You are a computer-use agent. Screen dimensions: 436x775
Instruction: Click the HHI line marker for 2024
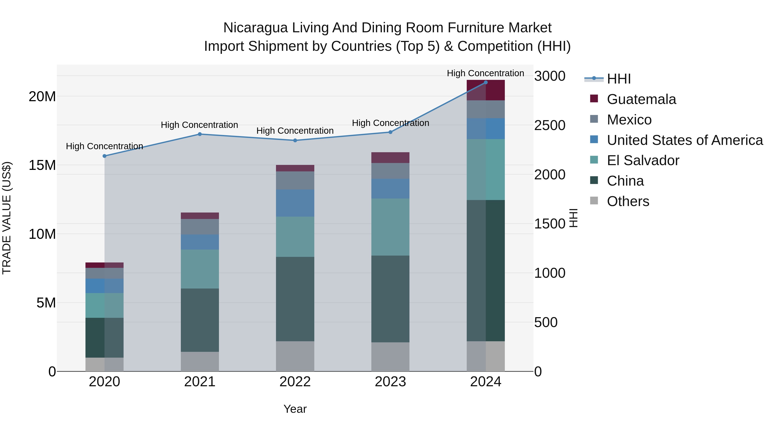pos(486,82)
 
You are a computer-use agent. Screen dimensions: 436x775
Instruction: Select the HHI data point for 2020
pos(104,156)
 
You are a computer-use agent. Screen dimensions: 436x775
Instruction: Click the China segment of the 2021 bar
pos(200,320)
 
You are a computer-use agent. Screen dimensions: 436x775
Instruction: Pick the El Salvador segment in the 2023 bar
pos(390,227)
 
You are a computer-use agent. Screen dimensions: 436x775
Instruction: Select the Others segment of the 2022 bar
pos(295,356)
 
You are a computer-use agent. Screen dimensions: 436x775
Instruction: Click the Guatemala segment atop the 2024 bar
pos(486,90)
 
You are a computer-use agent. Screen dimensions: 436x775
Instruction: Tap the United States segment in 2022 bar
pos(295,203)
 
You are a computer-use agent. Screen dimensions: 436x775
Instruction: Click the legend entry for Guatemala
pos(641,99)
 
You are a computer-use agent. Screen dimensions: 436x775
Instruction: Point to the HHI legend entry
pos(618,79)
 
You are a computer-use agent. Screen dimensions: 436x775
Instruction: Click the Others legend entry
pos(628,201)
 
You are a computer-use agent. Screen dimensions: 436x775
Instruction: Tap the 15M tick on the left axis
pos(42,165)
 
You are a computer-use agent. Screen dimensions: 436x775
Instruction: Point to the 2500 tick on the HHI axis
pos(550,126)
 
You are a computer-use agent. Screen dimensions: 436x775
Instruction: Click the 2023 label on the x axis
pos(390,382)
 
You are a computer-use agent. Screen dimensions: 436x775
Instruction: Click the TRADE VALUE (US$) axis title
pos(7,218)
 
